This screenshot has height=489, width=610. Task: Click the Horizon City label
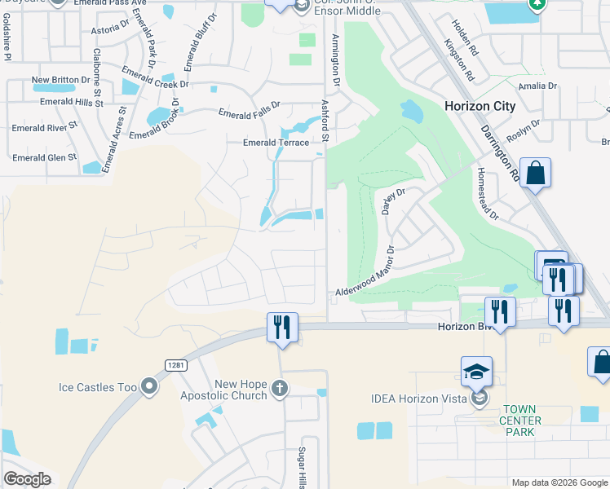tap(480, 106)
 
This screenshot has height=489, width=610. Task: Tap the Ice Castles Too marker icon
tap(148, 386)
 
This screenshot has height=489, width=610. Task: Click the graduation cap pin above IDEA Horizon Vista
tap(476, 372)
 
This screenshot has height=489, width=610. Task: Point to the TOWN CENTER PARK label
tap(522, 421)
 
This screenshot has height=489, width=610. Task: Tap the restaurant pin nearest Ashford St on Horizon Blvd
tap(282, 328)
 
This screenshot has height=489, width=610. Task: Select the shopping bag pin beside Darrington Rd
tap(535, 174)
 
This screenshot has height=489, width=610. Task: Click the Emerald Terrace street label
tap(276, 143)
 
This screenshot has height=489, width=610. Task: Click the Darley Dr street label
tap(393, 200)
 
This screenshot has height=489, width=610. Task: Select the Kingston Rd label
tap(459, 59)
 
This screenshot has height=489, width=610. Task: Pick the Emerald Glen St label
tap(44, 157)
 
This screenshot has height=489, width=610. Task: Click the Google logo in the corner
tap(27, 479)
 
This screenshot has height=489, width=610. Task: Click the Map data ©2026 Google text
tap(559, 482)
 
